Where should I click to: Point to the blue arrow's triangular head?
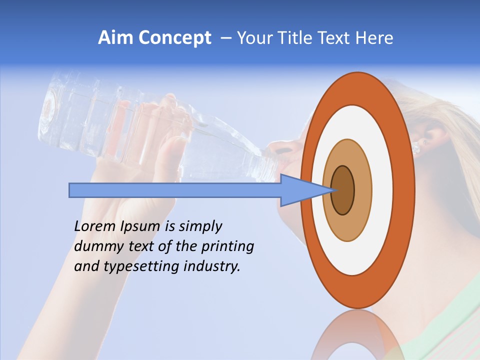pyautogui.click(x=300, y=190)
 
